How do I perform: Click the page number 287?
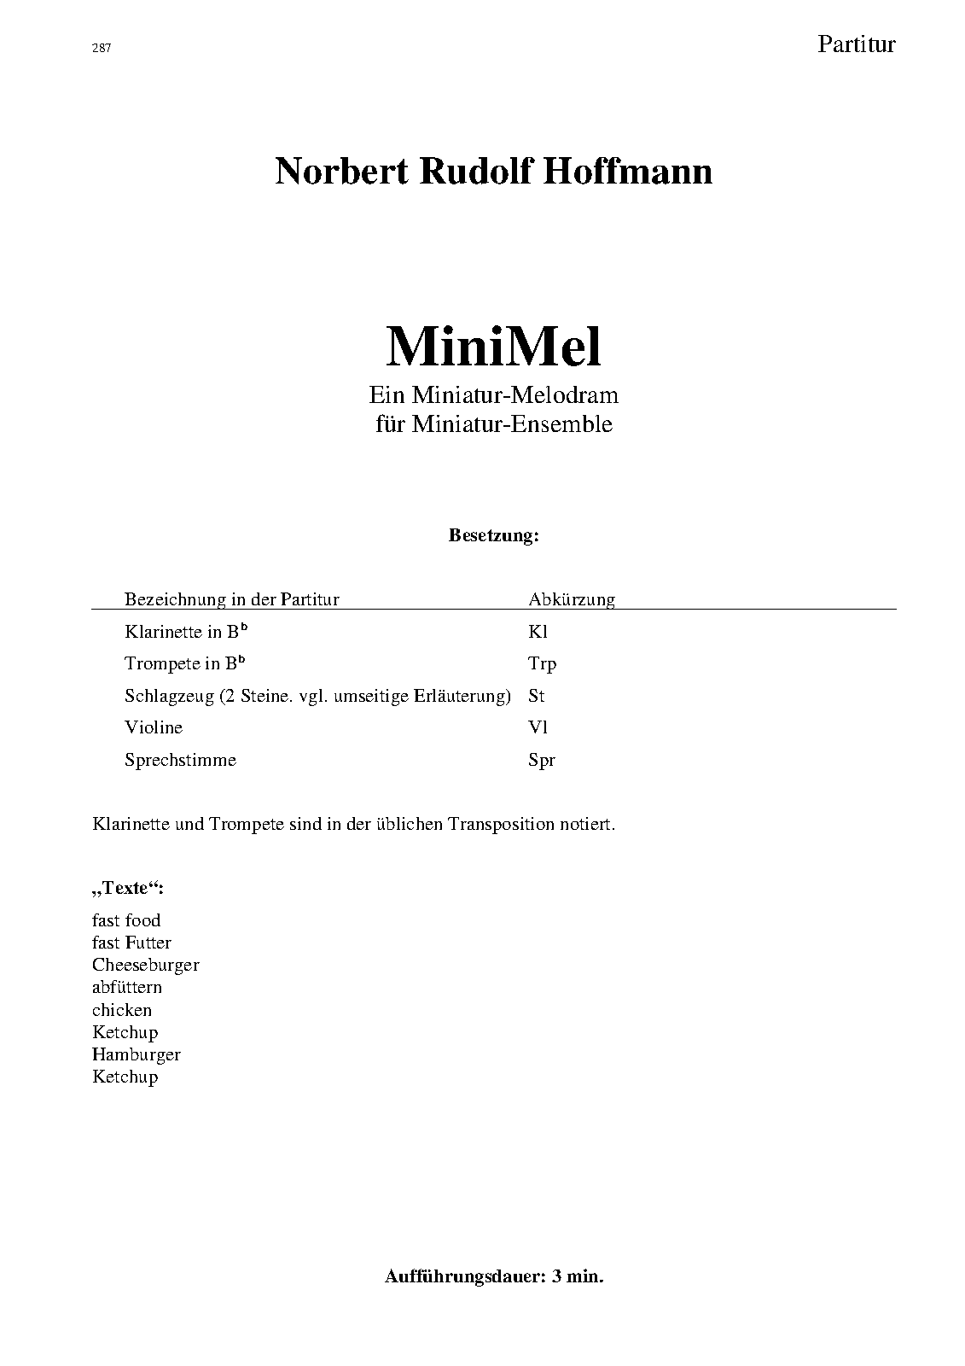(102, 49)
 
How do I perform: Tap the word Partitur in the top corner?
(856, 44)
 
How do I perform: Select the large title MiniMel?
(493, 347)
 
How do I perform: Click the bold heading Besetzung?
(494, 536)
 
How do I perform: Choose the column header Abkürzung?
(572, 599)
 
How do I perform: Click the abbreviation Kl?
(538, 632)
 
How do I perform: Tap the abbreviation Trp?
(543, 664)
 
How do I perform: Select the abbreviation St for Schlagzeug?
(536, 696)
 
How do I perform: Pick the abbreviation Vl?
(538, 727)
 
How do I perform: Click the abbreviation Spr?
(542, 760)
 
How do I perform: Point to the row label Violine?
(154, 727)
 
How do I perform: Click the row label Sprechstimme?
(180, 760)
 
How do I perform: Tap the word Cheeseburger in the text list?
(146, 966)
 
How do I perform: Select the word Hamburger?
(137, 1054)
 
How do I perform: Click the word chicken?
(122, 1010)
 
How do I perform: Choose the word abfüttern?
(127, 988)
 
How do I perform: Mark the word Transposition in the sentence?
(500, 825)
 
